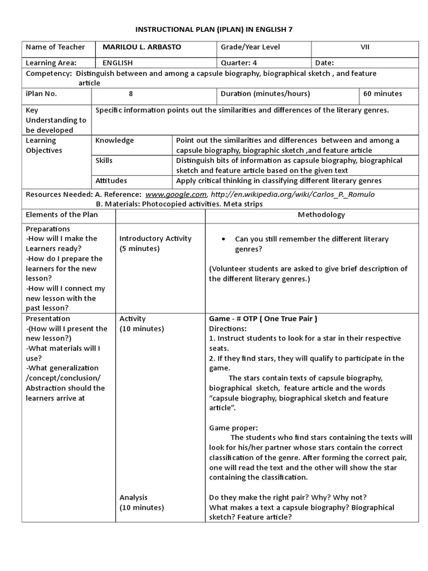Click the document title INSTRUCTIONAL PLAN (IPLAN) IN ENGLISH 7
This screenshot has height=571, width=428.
214,28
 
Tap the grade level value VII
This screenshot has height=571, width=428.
364,47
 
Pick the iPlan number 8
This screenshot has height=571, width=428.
130,94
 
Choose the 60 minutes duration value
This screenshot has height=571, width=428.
382,94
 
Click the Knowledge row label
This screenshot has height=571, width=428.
115,141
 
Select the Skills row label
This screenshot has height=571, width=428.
104,161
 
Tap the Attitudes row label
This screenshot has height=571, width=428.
111,181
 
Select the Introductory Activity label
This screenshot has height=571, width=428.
155,239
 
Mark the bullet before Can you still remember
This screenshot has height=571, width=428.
223,239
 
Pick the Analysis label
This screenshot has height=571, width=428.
134,497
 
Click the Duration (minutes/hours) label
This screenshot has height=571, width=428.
265,94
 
